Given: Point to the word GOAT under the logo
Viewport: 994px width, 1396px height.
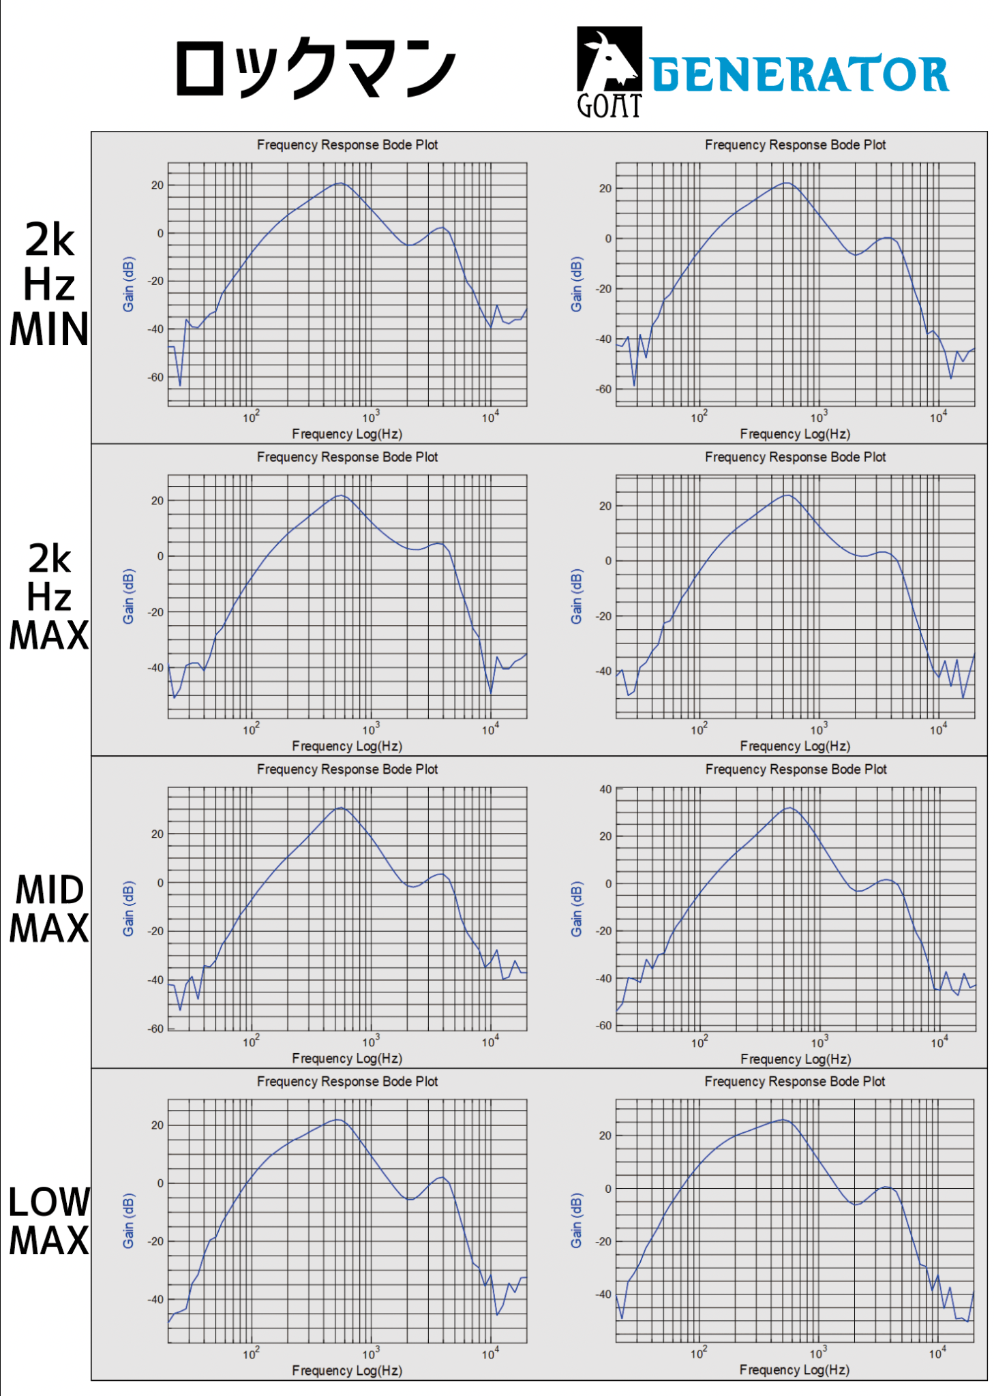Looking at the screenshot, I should click(609, 106).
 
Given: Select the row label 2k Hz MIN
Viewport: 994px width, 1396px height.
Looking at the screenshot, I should click(49, 285).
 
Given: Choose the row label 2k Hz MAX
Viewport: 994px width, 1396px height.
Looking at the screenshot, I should click(49, 597).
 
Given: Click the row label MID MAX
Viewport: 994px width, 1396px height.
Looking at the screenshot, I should click(49, 909).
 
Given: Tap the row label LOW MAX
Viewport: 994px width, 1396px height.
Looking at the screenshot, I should click(49, 1221).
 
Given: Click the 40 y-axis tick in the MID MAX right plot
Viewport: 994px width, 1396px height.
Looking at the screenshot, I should click(605, 789).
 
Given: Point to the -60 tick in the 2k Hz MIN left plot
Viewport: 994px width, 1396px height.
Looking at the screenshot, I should click(157, 377).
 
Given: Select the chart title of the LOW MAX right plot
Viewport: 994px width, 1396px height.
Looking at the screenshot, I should click(795, 1081).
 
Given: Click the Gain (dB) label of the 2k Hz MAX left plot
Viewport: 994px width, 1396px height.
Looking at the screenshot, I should click(128, 596).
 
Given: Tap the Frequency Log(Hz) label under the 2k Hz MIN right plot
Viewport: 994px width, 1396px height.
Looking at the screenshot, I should click(795, 434).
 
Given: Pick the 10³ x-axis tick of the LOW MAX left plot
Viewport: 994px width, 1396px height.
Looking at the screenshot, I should click(370, 1354).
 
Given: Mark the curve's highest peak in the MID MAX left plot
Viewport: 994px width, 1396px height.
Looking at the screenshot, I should click(341, 808).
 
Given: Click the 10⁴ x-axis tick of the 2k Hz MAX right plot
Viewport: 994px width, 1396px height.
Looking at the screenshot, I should click(938, 729).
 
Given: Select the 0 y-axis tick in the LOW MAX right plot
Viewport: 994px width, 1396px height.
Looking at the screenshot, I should click(608, 1189).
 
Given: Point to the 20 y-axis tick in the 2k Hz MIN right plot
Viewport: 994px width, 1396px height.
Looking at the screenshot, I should click(605, 189).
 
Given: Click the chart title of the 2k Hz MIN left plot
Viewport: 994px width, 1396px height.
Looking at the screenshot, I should click(347, 145).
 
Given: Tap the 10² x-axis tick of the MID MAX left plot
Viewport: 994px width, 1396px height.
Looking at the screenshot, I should click(251, 1042).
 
